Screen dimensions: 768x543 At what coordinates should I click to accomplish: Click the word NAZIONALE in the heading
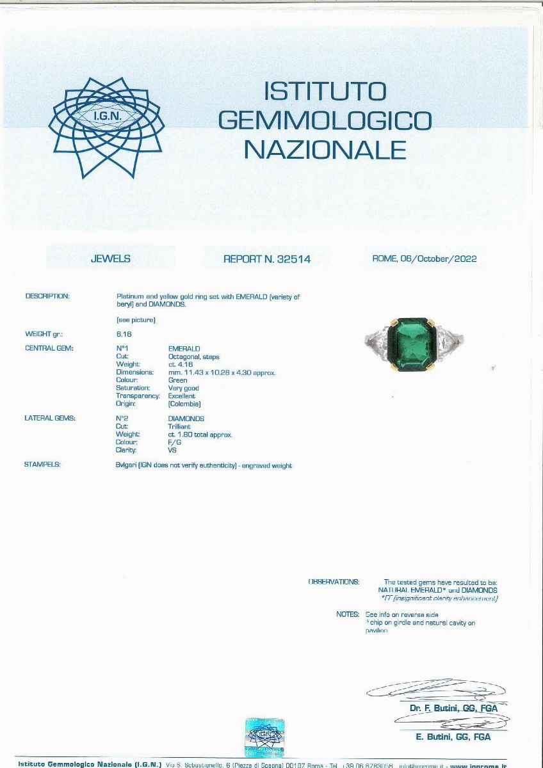coord(325,149)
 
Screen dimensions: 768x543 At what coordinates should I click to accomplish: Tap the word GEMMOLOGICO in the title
coord(325,120)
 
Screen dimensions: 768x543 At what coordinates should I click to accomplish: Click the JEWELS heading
coord(110,259)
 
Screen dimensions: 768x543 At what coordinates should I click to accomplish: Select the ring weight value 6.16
coord(124,334)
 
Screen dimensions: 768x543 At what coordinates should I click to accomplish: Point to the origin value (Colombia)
coord(184,404)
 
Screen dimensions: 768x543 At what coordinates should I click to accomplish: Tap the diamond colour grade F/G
coord(174,442)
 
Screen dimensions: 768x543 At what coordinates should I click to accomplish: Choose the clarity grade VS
coord(172,450)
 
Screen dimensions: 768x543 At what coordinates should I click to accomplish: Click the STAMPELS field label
coord(42,465)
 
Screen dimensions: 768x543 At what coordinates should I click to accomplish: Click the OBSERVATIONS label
coord(334,582)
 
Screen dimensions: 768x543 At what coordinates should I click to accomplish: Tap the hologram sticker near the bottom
coord(264,737)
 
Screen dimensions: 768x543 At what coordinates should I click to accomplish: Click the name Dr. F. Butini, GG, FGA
coord(453,708)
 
